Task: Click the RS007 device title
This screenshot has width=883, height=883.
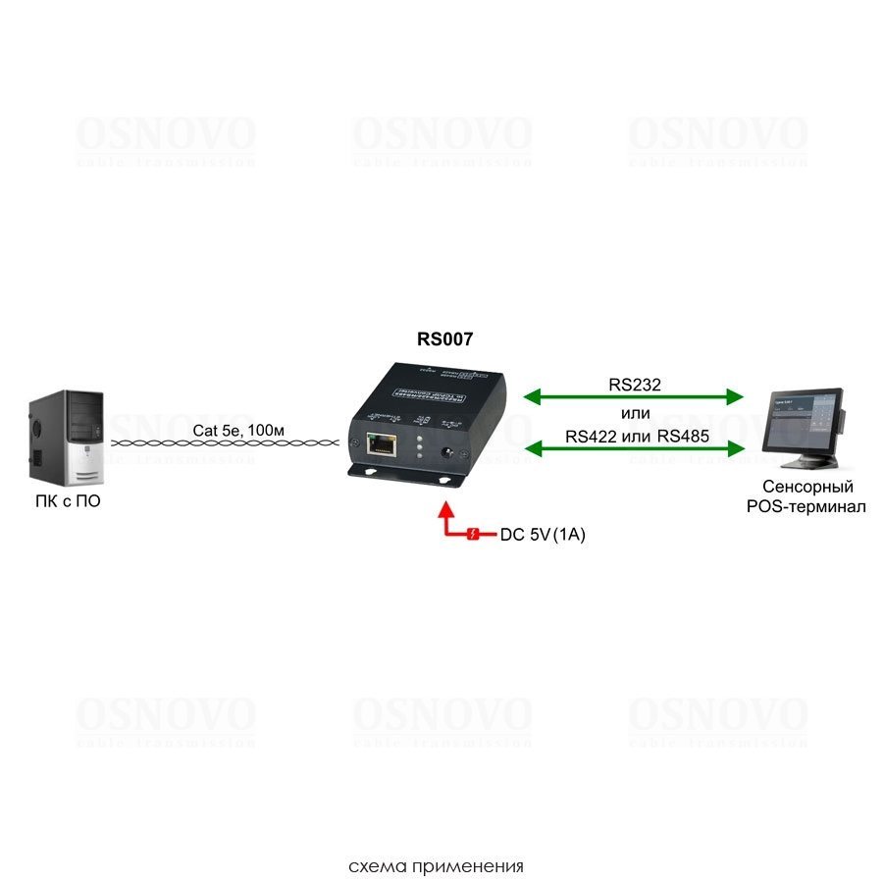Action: [444, 339]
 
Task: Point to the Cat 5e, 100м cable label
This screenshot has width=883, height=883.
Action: [238, 430]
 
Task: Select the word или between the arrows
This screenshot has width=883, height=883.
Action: [636, 412]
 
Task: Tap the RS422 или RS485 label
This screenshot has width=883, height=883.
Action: [637, 436]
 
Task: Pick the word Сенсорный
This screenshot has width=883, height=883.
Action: [807, 487]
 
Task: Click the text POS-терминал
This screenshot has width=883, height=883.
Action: [807, 506]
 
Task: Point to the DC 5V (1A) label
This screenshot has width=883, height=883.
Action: [543, 535]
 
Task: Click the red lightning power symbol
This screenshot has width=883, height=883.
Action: [473, 535]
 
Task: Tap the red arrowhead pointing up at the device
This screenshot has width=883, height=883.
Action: [446, 510]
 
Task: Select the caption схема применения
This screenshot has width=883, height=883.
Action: [436, 866]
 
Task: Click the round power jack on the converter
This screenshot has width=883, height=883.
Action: [449, 453]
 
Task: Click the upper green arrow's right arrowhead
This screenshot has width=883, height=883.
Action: [737, 396]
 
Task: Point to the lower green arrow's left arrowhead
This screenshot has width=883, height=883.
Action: [531, 449]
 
